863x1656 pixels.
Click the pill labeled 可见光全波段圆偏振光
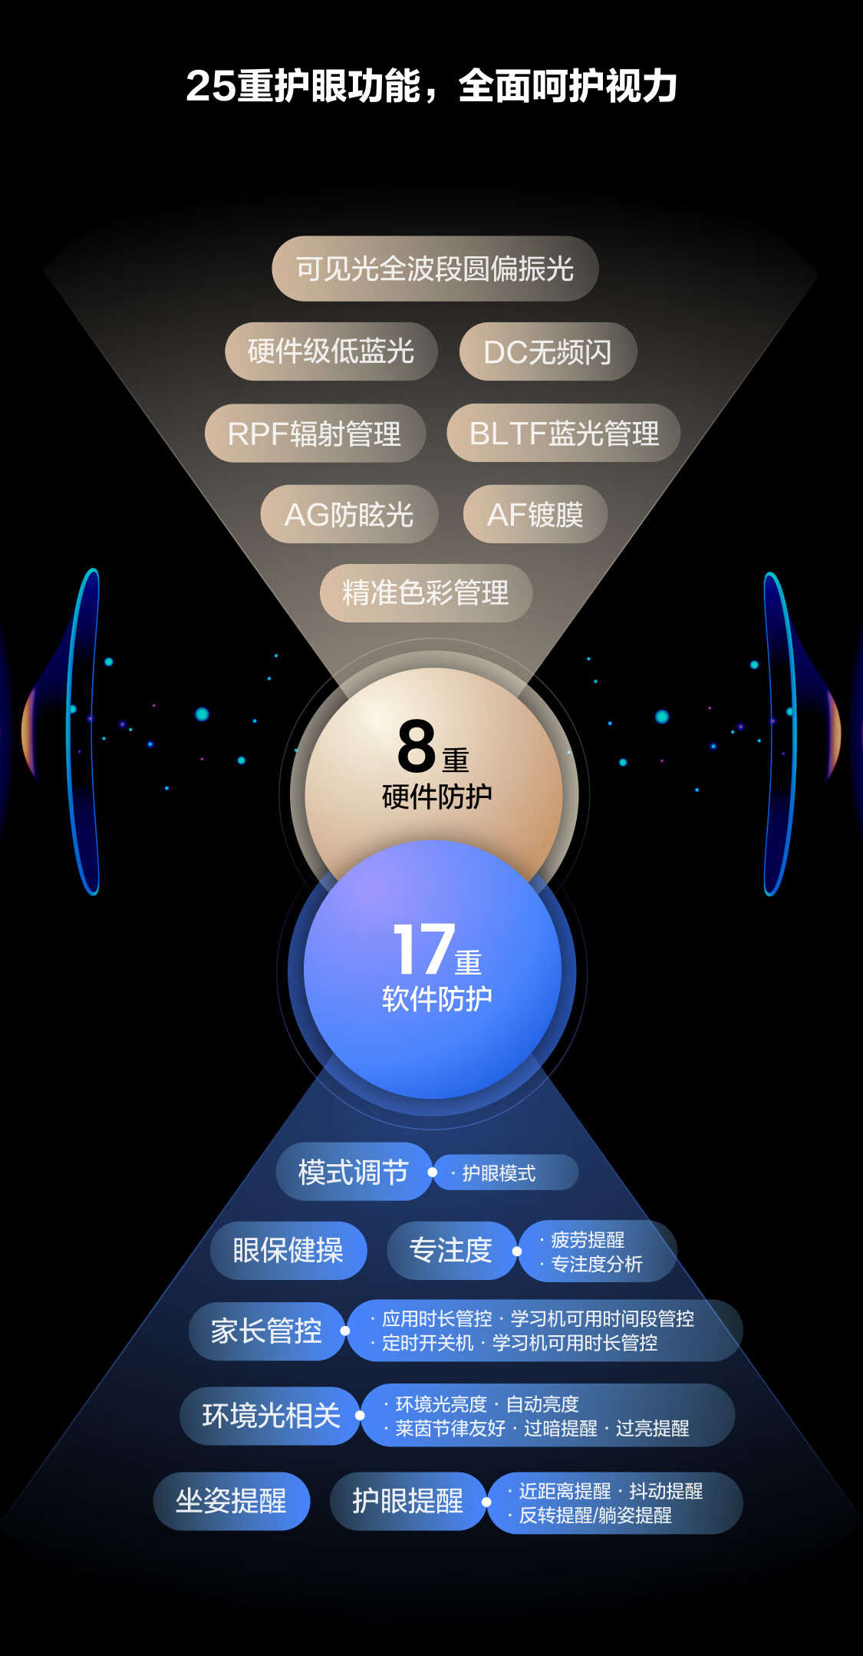[x=435, y=269]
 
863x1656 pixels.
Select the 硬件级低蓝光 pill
[x=331, y=351]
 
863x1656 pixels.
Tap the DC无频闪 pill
[x=548, y=352]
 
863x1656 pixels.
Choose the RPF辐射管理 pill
[x=315, y=434]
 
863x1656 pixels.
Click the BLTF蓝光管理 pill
[x=564, y=434]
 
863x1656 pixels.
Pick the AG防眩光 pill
[x=349, y=514]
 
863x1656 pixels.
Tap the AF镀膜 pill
[x=535, y=514]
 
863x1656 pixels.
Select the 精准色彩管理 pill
[x=426, y=592]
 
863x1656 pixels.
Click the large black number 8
[x=417, y=747]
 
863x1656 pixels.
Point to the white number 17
[x=423, y=949]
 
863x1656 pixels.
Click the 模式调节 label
[x=354, y=1172]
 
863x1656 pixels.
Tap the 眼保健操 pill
[x=288, y=1250]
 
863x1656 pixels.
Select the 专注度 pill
[x=451, y=1250]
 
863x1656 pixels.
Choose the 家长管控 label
[x=266, y=1331]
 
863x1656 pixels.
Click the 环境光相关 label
[x=271, y=1415]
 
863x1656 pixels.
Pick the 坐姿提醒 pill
[x=231, y=1500]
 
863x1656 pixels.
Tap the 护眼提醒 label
[x=407, y=1500]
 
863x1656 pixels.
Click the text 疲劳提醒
[x=588, y=1239]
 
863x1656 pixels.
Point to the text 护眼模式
[x=499, y=1173]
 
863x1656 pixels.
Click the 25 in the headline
[x=210, y=86]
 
